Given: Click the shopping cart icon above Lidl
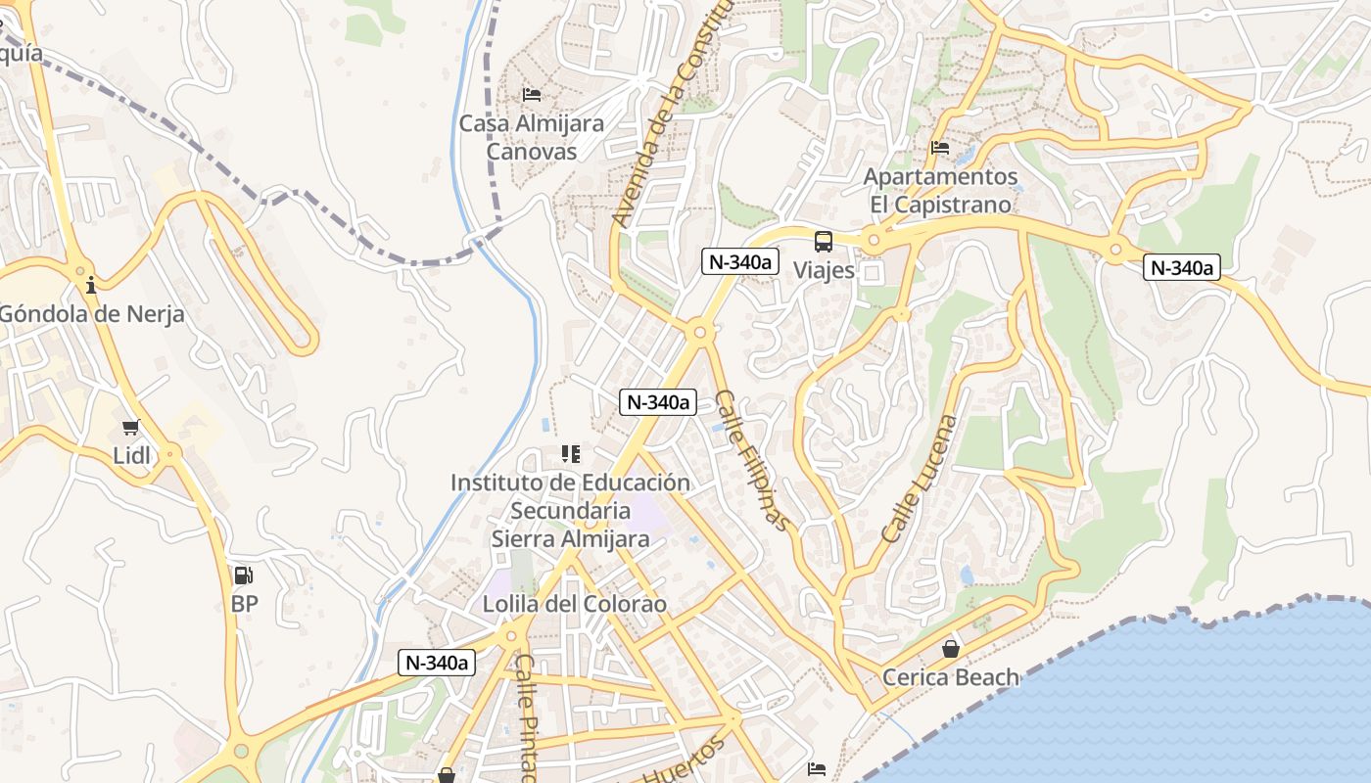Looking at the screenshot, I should pyautogui.click(x=131, y=428).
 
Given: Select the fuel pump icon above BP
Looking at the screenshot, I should pyautogui.click(x=243, y=576).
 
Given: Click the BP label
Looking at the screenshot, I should pyautogui.click(x=245, y=604).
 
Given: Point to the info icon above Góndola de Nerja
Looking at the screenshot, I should pyautogui.click(x=91, y=286).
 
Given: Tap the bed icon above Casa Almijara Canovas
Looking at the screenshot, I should pyautogui.click(x=532, y=95).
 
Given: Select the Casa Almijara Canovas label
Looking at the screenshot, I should pyautogui.click(x=532, y=138).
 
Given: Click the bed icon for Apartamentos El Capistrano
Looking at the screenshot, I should pyautogui.click(x=940, y=148).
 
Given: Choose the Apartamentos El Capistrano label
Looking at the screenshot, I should pyautogui.click(x=940, y=191).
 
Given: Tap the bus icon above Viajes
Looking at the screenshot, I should pyautogui.click(x=824, y=242).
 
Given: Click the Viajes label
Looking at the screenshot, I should pyautogui.click(x=824, y=270).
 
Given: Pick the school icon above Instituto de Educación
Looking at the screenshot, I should pyautogui.click(x=570, y=454).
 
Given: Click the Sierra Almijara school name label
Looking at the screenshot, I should pyautogui.click(x=570, y=538).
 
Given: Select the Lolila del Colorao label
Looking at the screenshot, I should pyautogui.click(x=574, y=604).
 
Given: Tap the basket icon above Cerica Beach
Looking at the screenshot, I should pyautogui.click(x=950, y=649).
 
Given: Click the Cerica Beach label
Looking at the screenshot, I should pyautogui.click(x=950, y=677).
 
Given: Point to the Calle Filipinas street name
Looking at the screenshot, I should pyautogui.click(x=751, y=461).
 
